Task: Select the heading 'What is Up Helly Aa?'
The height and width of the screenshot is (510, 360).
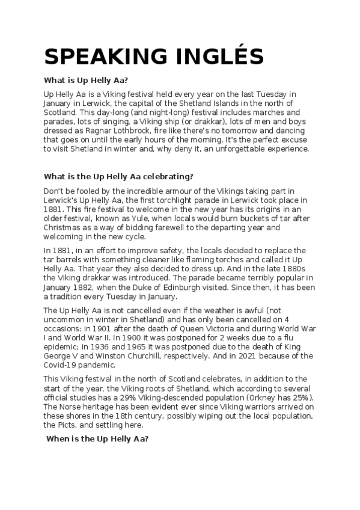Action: pos(87,81)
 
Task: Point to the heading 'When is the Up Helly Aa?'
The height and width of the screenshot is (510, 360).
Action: pos(97,439)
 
